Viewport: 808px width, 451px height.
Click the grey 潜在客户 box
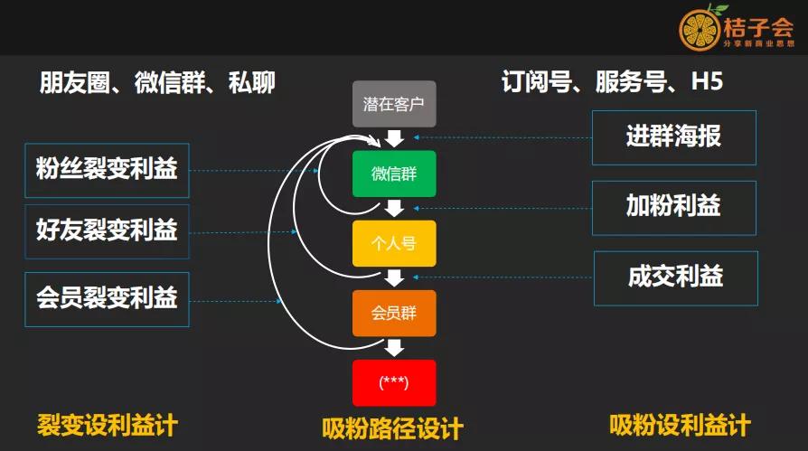[394, 104]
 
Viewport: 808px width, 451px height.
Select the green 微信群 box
[394, 174]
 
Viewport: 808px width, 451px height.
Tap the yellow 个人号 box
[394, 243]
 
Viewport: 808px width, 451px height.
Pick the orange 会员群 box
[394, 313]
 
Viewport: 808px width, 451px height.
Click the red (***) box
[394, 382]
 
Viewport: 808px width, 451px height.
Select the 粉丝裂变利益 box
[107, 170]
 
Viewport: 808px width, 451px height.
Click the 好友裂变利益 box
[107, 231]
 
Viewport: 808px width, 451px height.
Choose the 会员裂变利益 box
[107, 299]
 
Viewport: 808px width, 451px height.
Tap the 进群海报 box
[673, 137]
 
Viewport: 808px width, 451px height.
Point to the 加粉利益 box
[673, 207]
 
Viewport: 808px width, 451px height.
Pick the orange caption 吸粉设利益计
[680, 424]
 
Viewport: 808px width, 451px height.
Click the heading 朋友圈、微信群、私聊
[157, 83]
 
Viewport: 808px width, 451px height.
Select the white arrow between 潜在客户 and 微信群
[394, 138]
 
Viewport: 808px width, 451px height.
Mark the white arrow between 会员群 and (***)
[394, 347]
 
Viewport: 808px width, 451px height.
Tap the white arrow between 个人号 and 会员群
[394, 277]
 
